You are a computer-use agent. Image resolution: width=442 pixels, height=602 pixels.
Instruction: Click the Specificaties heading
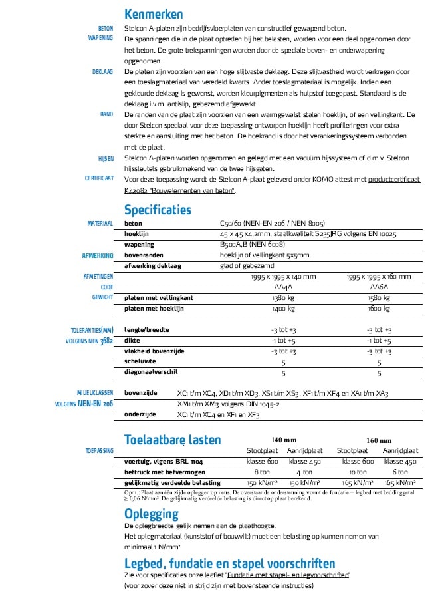tap(158, 210)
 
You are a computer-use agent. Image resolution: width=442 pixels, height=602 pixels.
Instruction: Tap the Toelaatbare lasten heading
tap(172, 440)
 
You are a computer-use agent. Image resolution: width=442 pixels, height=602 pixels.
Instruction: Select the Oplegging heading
tap(151, 513)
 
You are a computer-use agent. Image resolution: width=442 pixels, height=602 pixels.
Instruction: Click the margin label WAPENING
tap(100, 39)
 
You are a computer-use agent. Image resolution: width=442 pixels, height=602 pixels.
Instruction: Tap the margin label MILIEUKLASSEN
tap(95, 393)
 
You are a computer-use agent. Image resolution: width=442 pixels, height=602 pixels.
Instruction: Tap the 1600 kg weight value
tap(379, 309)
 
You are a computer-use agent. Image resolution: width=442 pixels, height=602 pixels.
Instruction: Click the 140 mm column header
tap(284, 440)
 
